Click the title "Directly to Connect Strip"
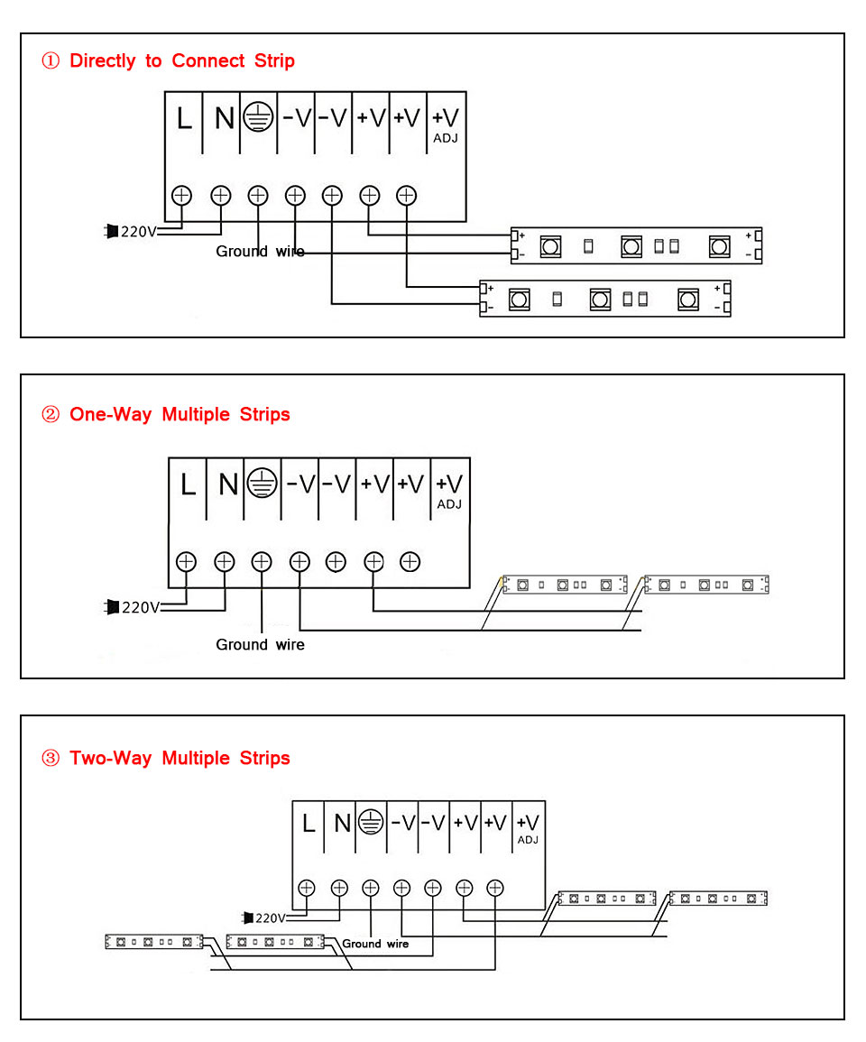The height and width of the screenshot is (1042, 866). (181, 60)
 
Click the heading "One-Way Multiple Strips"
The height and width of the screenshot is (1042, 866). (180, 414)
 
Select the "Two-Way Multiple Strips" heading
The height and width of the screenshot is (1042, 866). (180, 758)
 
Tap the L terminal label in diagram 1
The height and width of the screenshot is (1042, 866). (184, 118)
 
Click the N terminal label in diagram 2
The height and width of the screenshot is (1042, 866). (227, 484)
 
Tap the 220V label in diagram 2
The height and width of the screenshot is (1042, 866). (140, 607)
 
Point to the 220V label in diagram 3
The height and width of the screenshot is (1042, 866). (270, 918)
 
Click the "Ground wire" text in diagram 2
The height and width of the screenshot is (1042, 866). (260, 644)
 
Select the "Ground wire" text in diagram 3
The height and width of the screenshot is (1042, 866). (374, 944)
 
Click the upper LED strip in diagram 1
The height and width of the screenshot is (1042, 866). (636, 245)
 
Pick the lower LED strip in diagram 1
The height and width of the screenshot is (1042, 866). (604, 299)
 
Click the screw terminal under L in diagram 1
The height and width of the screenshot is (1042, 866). (182, 194)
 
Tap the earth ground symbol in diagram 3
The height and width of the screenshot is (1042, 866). (370, 822)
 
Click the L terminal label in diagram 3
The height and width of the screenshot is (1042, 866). (309, 823)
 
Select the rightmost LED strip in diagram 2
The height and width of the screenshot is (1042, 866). (705, 585)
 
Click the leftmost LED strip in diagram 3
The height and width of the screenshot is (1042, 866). (153, 942)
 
